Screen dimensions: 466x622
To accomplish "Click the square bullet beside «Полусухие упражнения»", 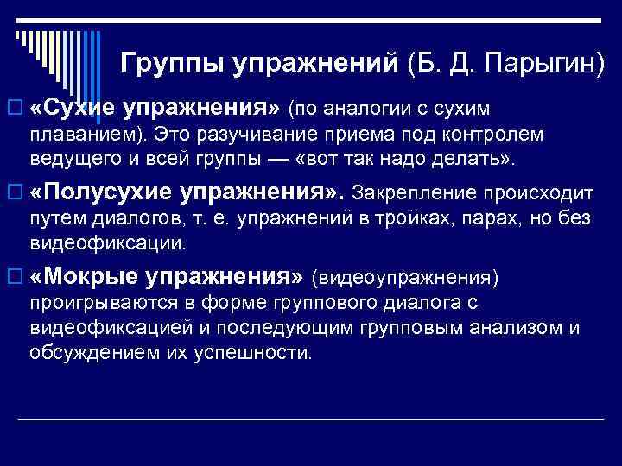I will (x=12, y=191).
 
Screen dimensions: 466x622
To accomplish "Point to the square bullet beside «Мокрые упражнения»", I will (x=12, y=278).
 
